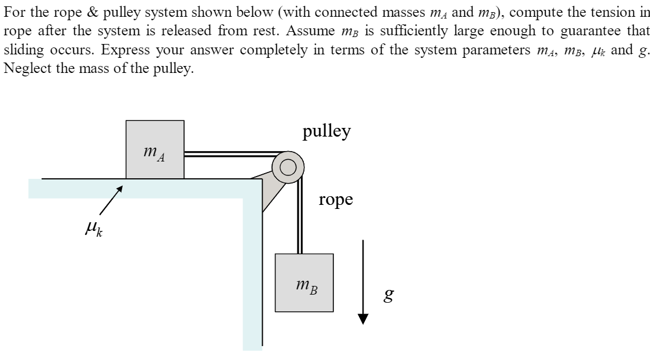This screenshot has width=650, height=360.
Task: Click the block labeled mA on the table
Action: (x=155, y=149)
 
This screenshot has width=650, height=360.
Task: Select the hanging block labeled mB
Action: (x=304, y=282)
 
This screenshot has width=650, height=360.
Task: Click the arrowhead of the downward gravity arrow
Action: (x=363, y=319)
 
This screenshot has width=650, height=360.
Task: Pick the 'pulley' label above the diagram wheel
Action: (x=326, y=131)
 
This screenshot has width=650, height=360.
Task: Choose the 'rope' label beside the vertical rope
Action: (x=336, y=200)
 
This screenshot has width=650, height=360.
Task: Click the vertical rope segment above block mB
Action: (x=300, y=220)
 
